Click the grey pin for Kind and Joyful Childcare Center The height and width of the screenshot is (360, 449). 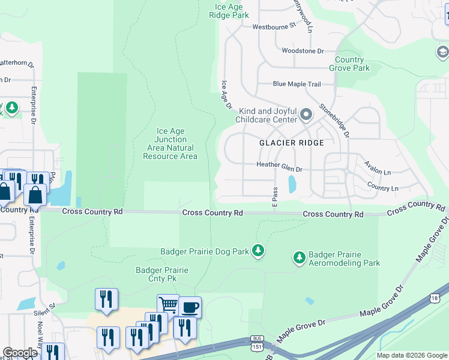tap(306, 114)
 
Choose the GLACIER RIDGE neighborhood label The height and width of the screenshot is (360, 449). tap(291, 143)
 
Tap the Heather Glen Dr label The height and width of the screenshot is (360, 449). tap(279, 165)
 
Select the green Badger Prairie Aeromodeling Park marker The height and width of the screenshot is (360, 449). tap(299, 258)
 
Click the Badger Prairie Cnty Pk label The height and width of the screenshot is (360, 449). tap(162, 274)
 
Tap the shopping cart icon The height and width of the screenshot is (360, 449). tap(168, 305)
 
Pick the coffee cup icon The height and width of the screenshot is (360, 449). tap(190, 307)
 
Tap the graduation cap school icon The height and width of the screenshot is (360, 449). tap(442, 53)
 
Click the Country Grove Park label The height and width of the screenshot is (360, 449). tap(352, 64)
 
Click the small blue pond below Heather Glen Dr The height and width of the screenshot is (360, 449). tap(292, 184)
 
